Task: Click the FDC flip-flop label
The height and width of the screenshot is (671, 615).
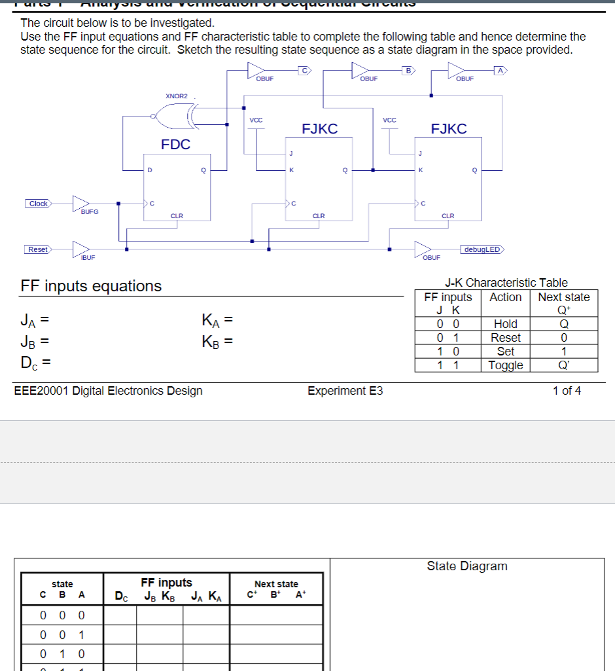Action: pyautogui.click(x=175, y=144)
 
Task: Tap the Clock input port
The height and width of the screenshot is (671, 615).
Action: pyautogui.click(x=39, y=204)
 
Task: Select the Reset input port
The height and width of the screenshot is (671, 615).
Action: pyautogui.click(x=38, y=249)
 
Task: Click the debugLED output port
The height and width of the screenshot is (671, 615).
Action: pyautogui.click(x=483, y=249)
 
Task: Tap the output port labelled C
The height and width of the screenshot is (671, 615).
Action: pyautogui.click(x=305, y=69)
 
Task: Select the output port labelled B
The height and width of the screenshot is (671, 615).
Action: pyautogui.click(x=408, y=69)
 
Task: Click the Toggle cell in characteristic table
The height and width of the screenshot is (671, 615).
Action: pyautogui.click(x=506, y=365)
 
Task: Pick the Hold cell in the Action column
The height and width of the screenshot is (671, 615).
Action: pyautogui.click(x=506, y=324)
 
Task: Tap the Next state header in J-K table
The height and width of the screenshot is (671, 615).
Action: pyautogui.click(x=563, y=297)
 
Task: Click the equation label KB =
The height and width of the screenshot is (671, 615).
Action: pyautogui.click(x=217, y=341)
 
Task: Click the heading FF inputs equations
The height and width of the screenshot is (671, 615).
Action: pyautogui.click(x=91, y=286)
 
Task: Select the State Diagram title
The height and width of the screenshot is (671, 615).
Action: pyautogui.click(x=466, y=566)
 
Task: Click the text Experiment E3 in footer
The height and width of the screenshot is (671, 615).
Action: pyautogui.click(x=345, y=391)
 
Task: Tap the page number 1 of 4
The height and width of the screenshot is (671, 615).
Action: pyautogui.click(x=566, y=391)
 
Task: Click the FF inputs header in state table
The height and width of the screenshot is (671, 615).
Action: pyautogui.click(x=167, y=583)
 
